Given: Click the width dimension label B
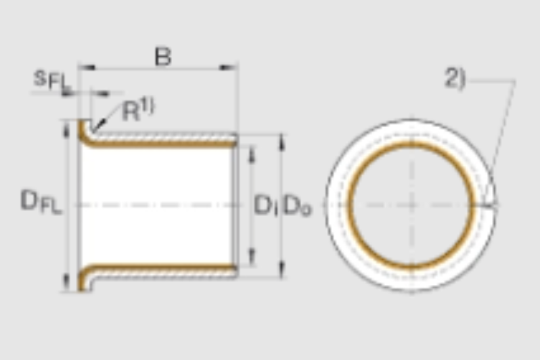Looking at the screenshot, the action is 163,57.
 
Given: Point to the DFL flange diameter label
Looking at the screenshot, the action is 41,202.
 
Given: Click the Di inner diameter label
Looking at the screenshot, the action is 265,205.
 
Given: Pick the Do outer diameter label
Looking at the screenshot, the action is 297,206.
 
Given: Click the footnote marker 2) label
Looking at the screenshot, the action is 455,78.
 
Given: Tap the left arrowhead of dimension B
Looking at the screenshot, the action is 87,67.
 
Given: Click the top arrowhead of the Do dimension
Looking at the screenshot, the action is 282,142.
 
